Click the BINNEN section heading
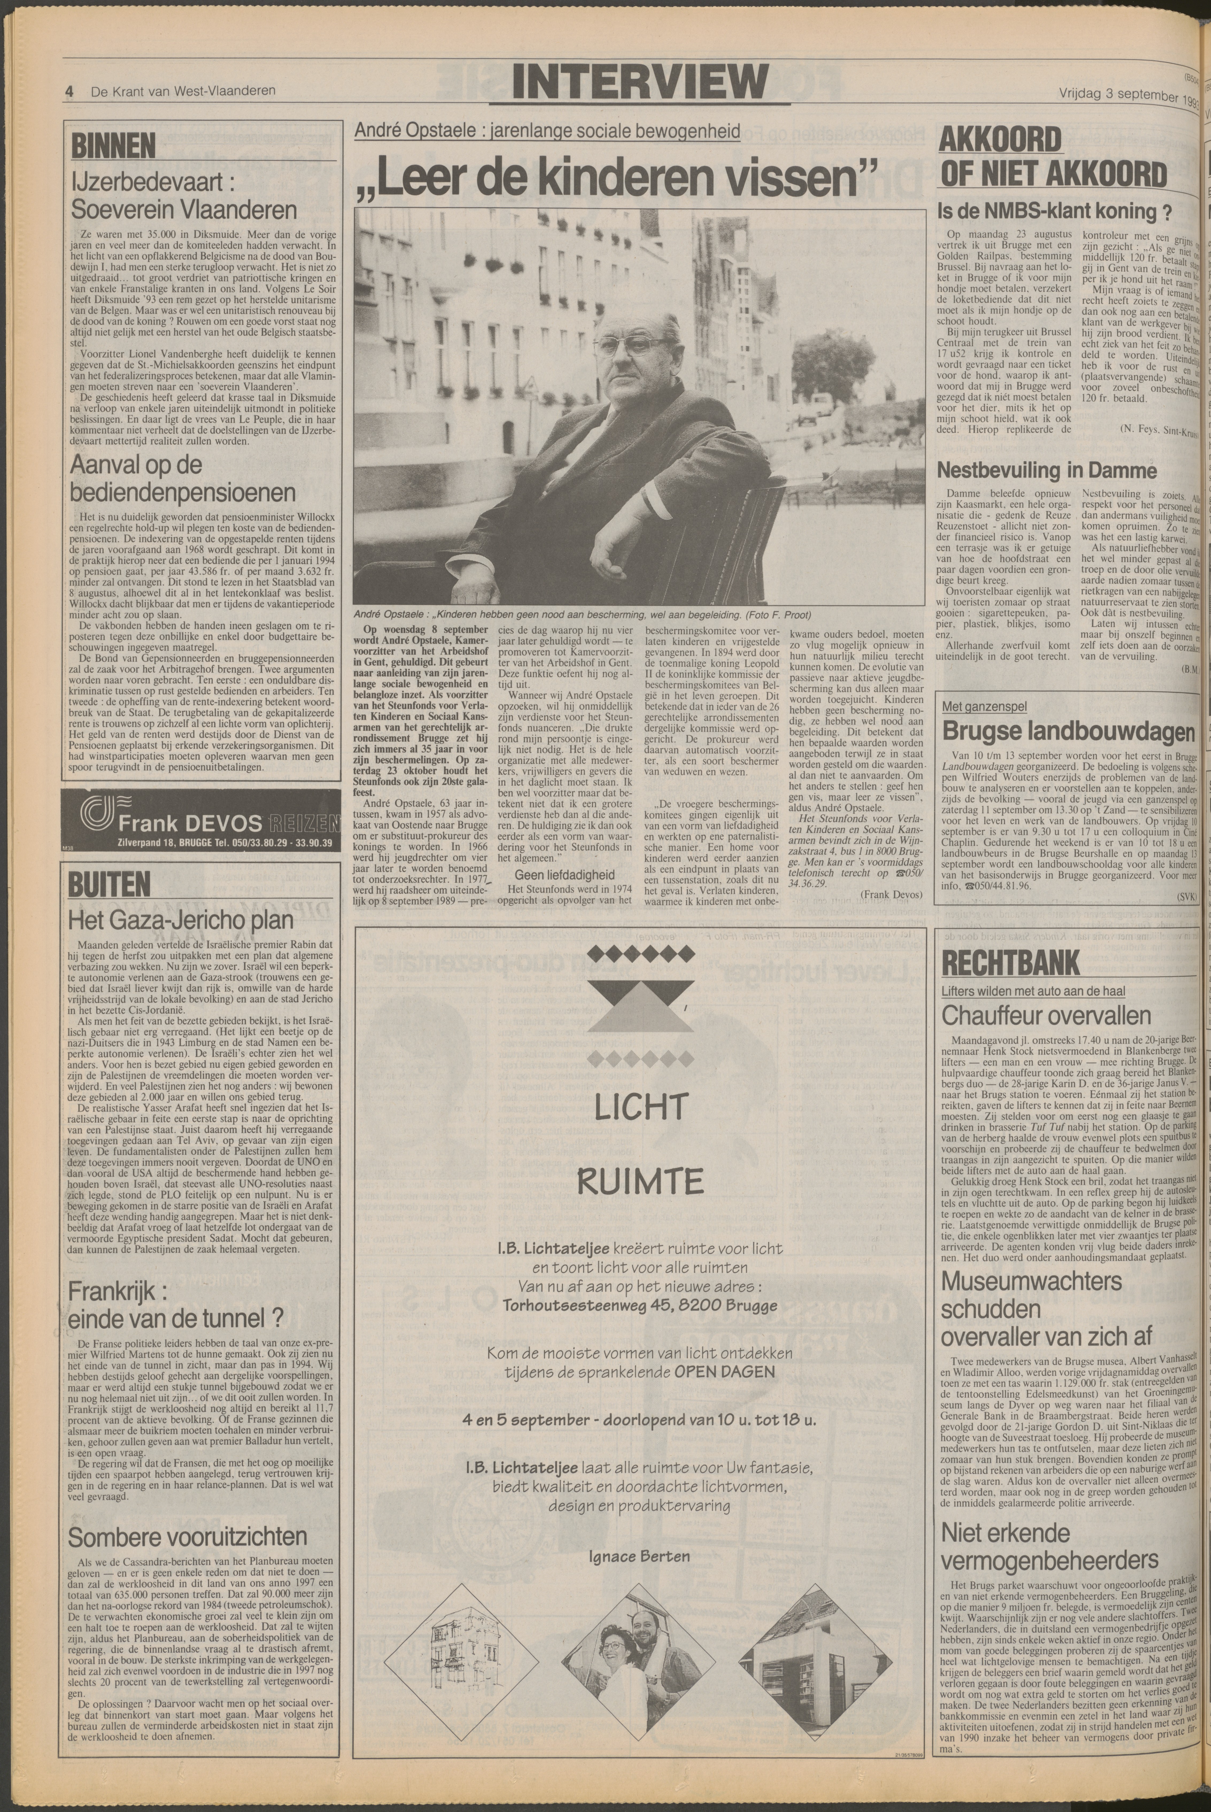[113, 145]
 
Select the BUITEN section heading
[109, 885]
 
